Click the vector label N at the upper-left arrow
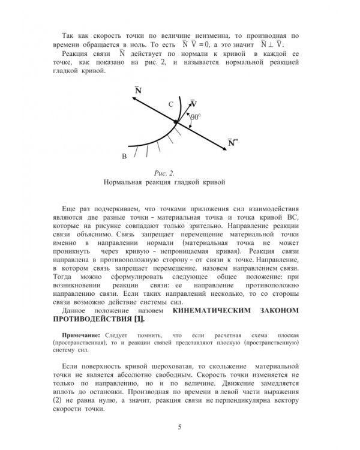point(139,91)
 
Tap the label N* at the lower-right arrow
point(232,143)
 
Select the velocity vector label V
point(193,103)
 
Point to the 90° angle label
point(196,118)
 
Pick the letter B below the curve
point(124,157)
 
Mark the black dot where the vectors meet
point(176,122)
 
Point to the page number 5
point(179,427)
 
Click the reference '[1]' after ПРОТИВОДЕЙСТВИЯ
point(137,319)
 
